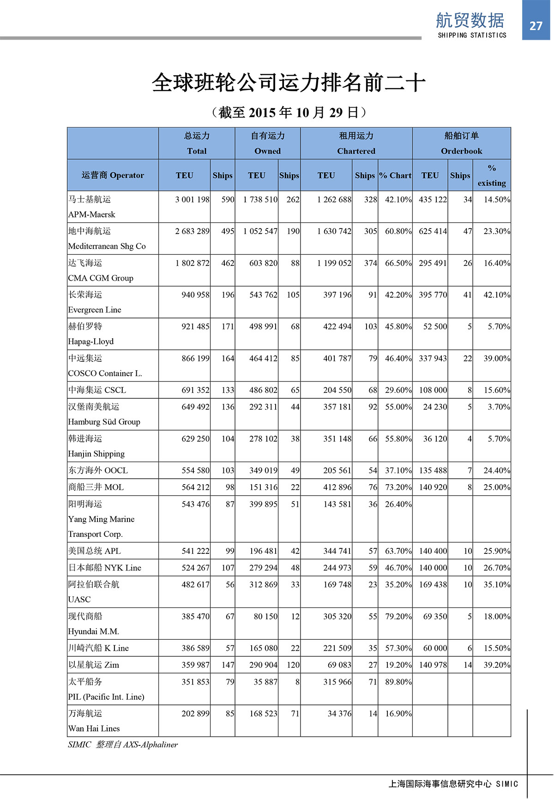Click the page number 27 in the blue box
(536, 26)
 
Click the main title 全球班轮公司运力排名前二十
(289, 83)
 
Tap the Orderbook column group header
(461, 151)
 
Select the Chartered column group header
(356, 151)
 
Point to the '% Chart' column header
(395, 175)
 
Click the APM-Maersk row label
(91, 215)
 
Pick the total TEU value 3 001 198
(192, 199)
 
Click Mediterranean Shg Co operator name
(107, 246)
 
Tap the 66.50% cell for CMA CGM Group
(398, 263)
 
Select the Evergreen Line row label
(95, 310)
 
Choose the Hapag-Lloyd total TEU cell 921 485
(195, 326)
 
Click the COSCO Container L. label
(105, 373)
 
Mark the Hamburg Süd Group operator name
(104, 422)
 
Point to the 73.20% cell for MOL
(398, 487)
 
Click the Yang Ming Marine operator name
(101, 519)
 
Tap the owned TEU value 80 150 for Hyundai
(265, 616)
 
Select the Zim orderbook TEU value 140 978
(433, 665)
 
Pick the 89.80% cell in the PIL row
(398, 682)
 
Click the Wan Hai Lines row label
(94, 728)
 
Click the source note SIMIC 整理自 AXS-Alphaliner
(122, 744)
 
